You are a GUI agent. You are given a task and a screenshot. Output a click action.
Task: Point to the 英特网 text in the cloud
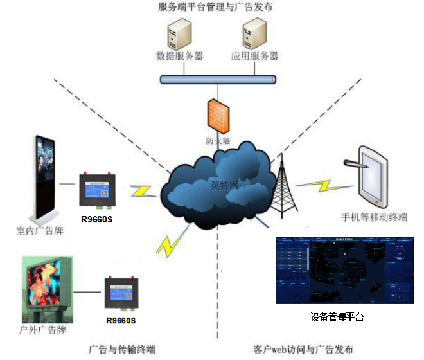[224, 184]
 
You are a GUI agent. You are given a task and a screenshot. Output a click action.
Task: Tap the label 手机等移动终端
[375, 217]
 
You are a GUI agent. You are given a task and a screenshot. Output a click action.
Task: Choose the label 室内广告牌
[39, 230]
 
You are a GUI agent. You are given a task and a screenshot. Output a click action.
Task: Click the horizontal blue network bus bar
[218, 80]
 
